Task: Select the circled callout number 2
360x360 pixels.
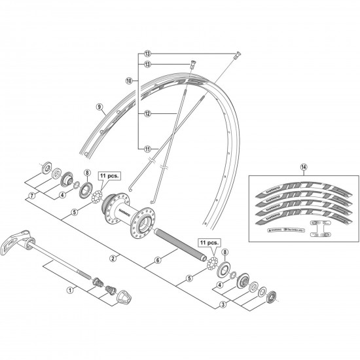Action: [x=113, y=259]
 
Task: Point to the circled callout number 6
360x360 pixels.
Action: [x=157, y=260]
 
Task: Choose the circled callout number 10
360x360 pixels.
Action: [x=129, y=81]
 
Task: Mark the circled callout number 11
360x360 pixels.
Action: [x=147, y=149]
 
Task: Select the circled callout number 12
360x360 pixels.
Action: [x=147, y=113]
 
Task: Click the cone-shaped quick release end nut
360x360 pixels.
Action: [x=126, y=297]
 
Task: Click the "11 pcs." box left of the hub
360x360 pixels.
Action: [x=107, y=177]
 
